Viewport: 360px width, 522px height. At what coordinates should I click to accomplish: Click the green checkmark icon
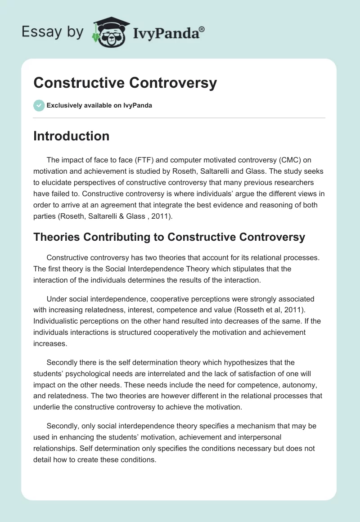click(39, 105)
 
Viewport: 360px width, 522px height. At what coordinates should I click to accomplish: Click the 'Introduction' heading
click(71, 136)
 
